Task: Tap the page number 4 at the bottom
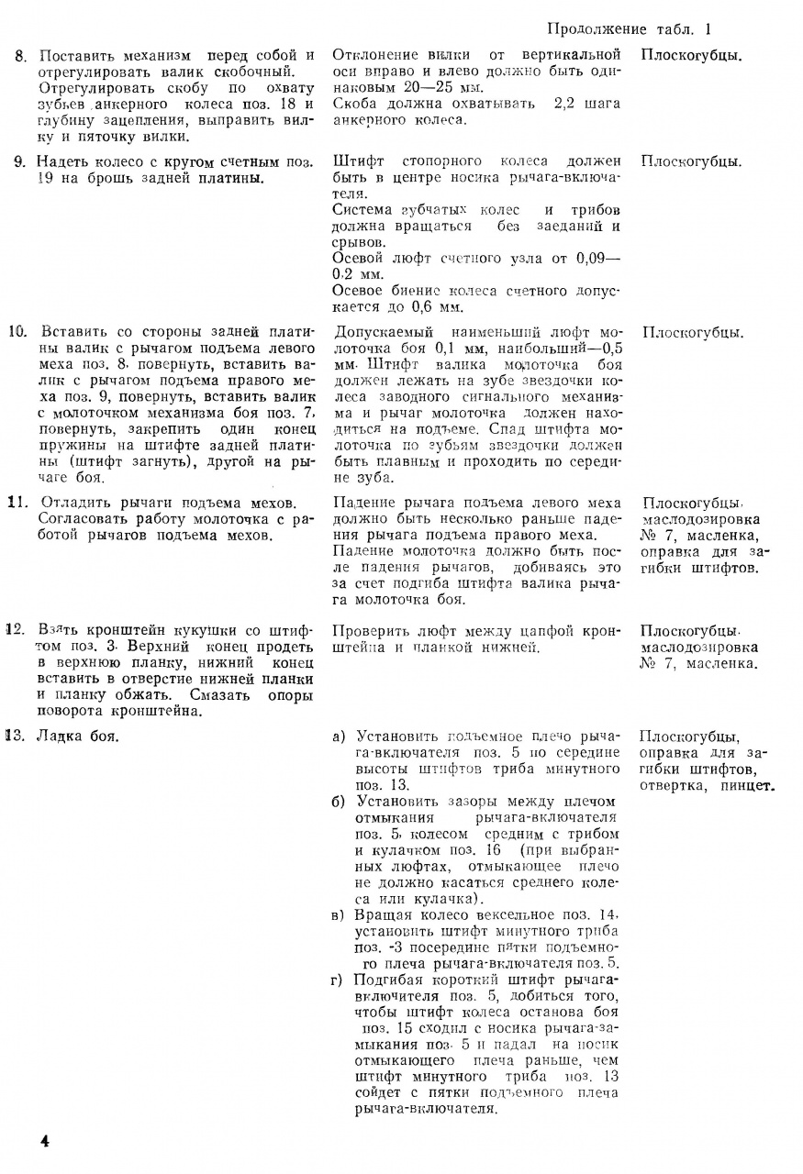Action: pyautogui.click(x=43, y=1140)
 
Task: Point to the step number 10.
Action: pyautogui.click(x=17, y=331)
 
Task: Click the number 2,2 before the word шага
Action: pyautogui.click(x=567, y=104)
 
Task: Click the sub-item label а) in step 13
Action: pyautogui.click(x=340, y=736)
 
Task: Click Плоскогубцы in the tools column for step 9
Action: pyautogui.click(x=692, y=161)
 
